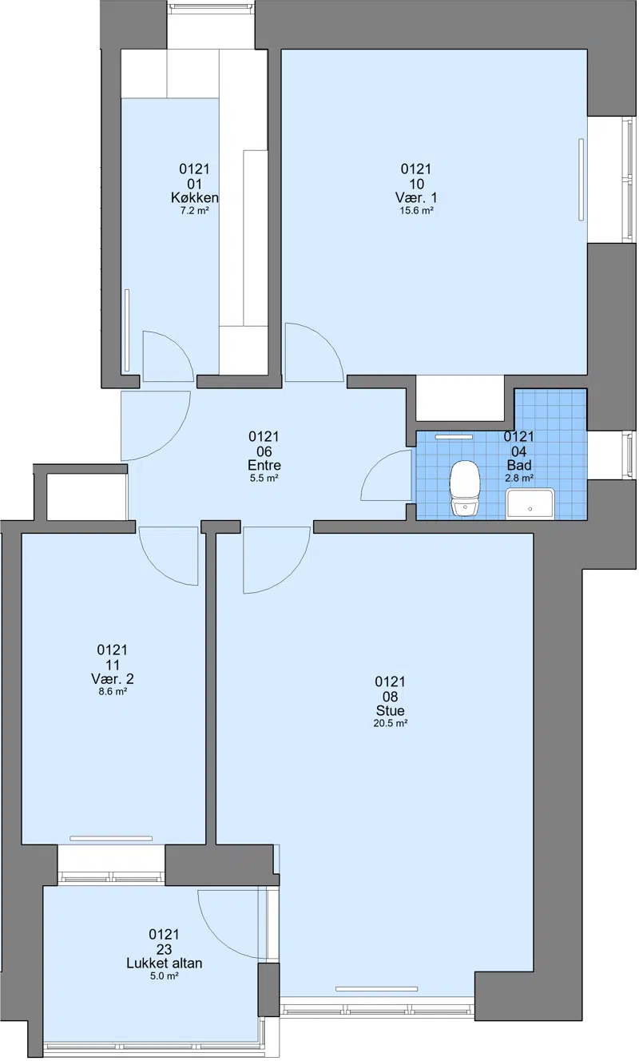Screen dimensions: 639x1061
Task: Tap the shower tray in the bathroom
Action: (530, 504)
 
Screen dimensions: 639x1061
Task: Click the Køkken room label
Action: (195, 197)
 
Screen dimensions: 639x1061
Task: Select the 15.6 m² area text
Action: (416, 211)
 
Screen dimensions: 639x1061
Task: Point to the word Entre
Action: (264, 465)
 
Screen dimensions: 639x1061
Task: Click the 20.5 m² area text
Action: (391, 723)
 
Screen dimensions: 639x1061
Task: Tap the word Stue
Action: (391, 710)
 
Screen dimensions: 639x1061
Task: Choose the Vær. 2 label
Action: (113, 679)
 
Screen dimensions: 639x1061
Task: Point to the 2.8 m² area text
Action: (519, 478)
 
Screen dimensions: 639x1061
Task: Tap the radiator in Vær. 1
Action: (581, 180)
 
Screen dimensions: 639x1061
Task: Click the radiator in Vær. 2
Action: (111, 838)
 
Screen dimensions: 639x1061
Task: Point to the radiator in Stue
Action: (376, 989)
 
